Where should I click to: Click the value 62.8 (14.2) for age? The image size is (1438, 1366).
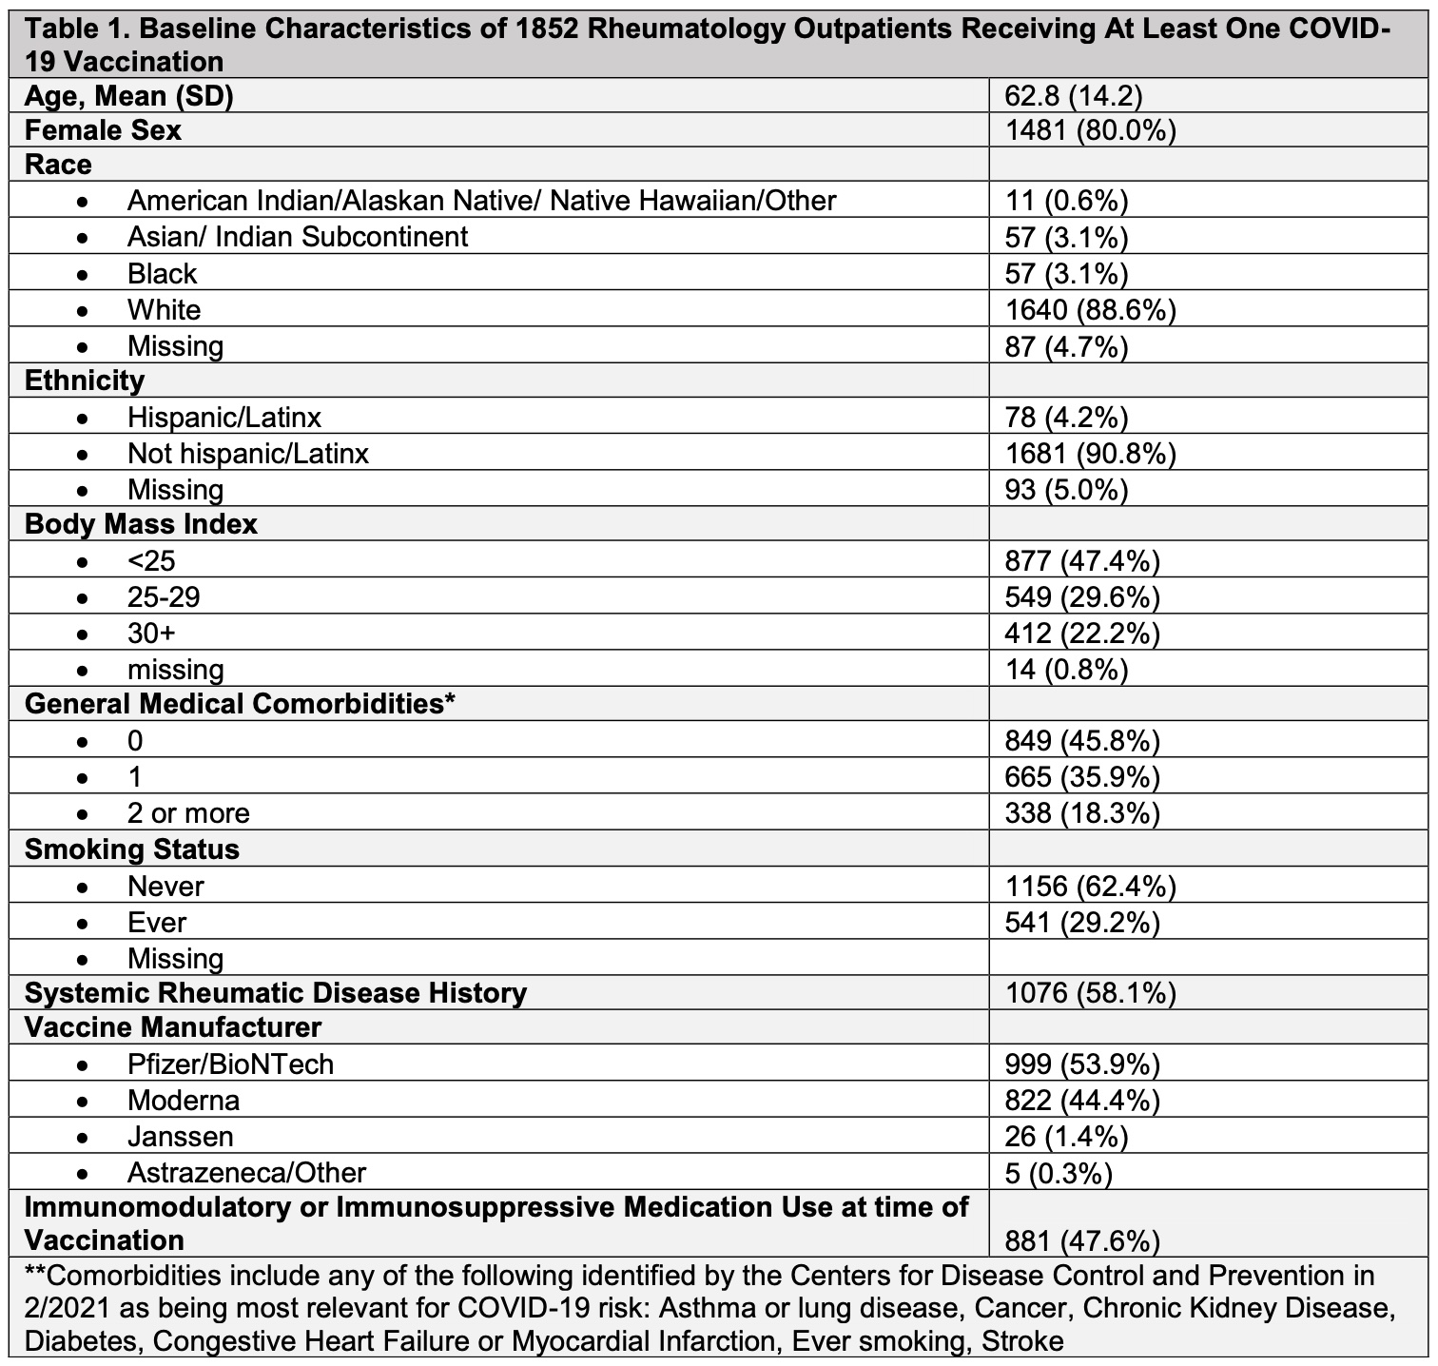pyautogui.click(x=1073, y=95)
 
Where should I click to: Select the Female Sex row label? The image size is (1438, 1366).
pyautogui.click(x=103, y=129)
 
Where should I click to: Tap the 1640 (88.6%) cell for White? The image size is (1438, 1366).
pyautogui.click(x=1090, y=309)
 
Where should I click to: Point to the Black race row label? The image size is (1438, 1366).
pyautogui.click(x=162, y=274)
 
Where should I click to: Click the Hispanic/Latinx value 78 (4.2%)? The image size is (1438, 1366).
pyautogui.click(x=1066, y=417)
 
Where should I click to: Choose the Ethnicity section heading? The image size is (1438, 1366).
pyautogui.click(x=85, y=381)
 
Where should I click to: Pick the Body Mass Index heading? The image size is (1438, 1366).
pyautogui.click(x=141, y=524)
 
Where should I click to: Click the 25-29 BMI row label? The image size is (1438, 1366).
pyautogui.click(x=164, y=596)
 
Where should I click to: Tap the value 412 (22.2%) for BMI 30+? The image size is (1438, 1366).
pyautogui.click(x=1082, y=633)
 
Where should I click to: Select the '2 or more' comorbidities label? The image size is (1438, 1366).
pyautogui.click(x=188, y=813)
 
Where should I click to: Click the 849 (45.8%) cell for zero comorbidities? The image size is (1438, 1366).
pyautogui.click(x=1082, y=740)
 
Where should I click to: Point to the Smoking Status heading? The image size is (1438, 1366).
pyautogui.click(x=131, y=849)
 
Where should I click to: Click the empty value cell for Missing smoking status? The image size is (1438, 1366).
pyautogui.click(x=1208, y=958)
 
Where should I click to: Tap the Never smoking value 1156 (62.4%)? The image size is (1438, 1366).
pyautogui.click(x=1090, y=886)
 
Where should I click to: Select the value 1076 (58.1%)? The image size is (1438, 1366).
pyautogui.click(x=1090, y=993)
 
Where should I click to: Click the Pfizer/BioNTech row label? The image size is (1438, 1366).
pyautogui.click(x=230, y=1064)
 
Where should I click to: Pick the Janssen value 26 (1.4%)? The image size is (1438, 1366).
pyautogui.click(x=1066, y=1136)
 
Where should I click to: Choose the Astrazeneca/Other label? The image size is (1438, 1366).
pyautogui.click(x=246, y=1172)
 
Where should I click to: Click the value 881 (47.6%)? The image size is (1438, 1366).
pyautogui.click(x=1082, y=1240)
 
